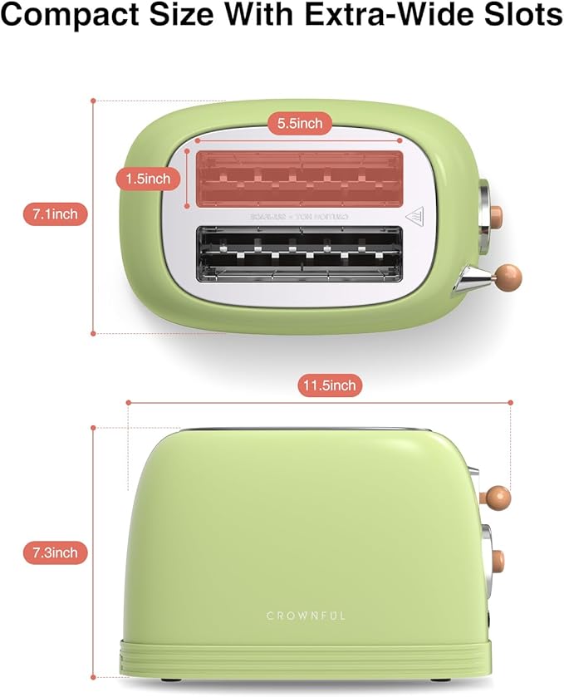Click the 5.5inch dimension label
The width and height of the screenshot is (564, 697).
pos(300,123)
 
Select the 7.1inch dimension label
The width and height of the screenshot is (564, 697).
pos(55,214)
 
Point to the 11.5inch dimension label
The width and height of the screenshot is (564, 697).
pos(329,385)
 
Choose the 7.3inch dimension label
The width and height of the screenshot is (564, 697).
pos(55,552)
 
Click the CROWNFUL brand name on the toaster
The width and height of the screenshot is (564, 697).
pos(306,616)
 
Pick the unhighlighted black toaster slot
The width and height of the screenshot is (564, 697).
pos(300,253)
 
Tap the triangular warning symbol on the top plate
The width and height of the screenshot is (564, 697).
pos(415,217)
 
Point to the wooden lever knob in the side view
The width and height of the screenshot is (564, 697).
pos(497,498)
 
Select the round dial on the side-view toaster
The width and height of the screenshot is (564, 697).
pos(495,559)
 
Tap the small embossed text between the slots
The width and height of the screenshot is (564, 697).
pos(300,216)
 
